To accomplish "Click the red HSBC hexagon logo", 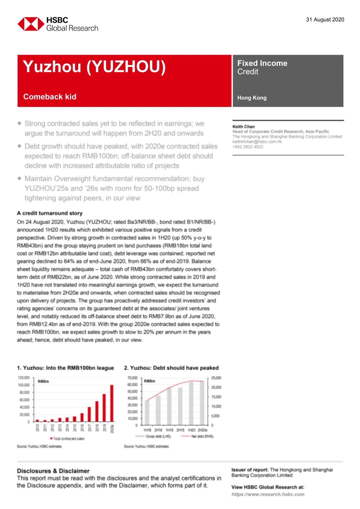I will tap(31, 24).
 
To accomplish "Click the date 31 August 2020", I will tap(325, 20).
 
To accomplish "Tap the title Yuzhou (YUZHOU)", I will tap(94, 67).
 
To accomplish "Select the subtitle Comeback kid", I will tap(50, 97).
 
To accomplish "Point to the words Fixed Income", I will tap(262, 63).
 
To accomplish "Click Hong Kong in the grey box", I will tap(252, 98).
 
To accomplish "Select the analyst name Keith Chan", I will tap(243, 127).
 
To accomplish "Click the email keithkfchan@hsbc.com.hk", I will tap(257, 142).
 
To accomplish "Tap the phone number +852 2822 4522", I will tap(248, 147).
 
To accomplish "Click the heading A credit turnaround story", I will tap(50, 213).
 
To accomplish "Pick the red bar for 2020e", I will tap(112, 403).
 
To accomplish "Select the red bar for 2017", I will tap(89, 414).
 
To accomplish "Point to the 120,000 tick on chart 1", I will tap(24, 378).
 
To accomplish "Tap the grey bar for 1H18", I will tap(147, 412).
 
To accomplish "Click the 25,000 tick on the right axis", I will tap(216, 378).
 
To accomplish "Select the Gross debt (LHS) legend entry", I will tap(153, 436).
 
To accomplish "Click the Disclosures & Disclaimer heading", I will tap(53, 471).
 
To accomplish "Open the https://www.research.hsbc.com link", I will tap(268, 494).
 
